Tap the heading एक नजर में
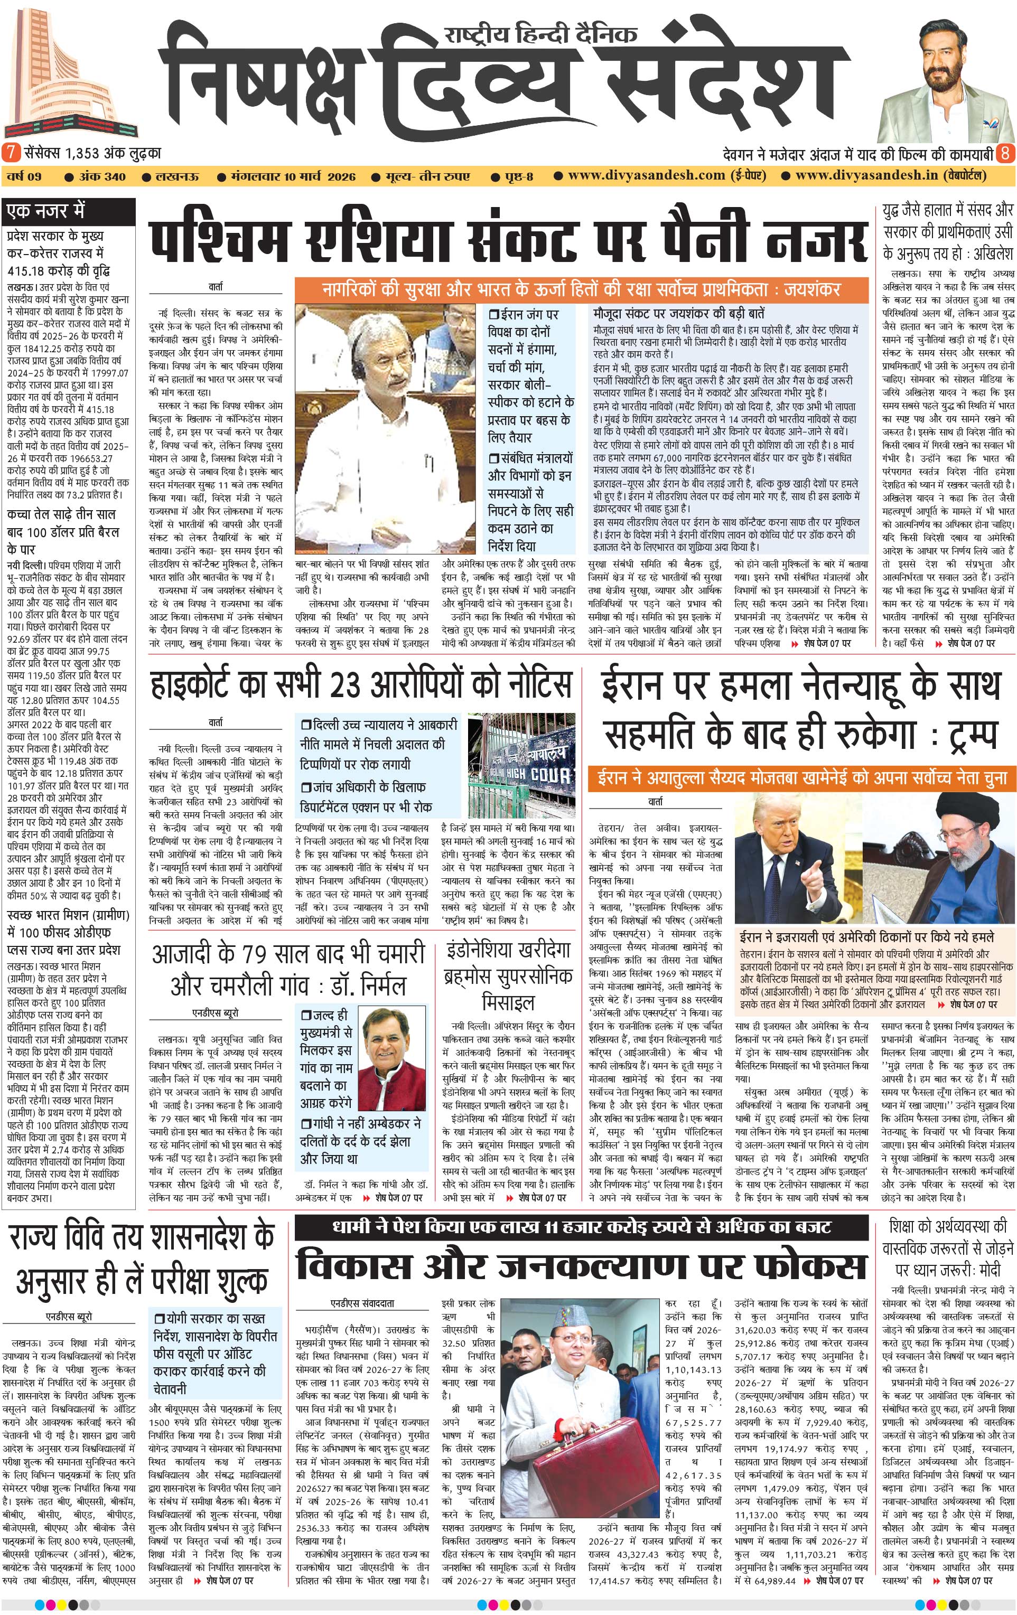(x=45, y=211)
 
